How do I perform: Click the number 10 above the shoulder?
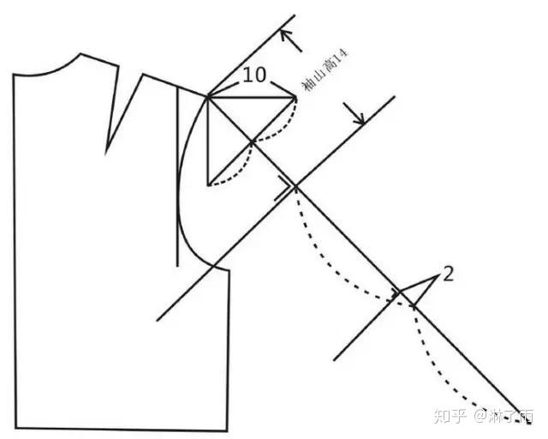(x=253, y=75)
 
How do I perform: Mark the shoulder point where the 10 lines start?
(x=208, y=96)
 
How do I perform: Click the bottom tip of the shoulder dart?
(x=106, y=153)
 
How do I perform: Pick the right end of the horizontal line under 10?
(x=296, y=97)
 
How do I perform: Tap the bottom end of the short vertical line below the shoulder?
(x=208, y=184)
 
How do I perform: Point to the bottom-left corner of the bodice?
(x=15, y=428)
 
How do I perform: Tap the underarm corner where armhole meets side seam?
(x=229, y=270)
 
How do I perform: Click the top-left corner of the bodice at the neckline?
(x=14, y=75)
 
